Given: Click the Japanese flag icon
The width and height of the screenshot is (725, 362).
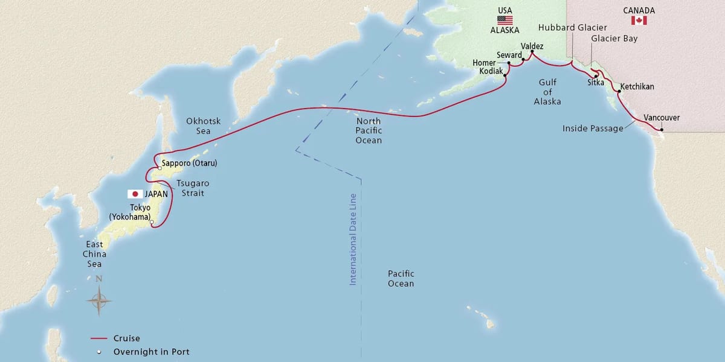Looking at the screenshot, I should click(x=135, y=194).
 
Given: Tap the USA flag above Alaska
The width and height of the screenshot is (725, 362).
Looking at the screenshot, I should click(x=505, y=20).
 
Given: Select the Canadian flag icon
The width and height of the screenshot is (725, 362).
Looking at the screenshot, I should click(x=639, y=21).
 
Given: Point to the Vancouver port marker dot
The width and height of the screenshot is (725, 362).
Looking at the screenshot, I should click(x=661, y=130).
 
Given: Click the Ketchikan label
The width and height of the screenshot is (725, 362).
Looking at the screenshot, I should click(x=637, y=87).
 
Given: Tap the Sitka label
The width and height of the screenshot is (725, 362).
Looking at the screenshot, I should click(x=596, y=83).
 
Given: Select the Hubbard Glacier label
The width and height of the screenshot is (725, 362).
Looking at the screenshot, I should click(x=572, y=28).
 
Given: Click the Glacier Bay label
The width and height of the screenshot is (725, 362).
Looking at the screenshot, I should click(x=614, y=39).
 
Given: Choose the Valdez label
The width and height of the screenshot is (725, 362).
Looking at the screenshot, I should click(x=532, y=46).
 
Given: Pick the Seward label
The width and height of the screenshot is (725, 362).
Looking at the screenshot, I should click(x=509, y=55).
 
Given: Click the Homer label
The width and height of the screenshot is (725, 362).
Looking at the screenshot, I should click(x=484, y=63).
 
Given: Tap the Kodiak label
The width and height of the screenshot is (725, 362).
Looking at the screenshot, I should click(x=491, y=71).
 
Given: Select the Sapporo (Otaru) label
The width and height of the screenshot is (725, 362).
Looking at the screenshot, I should click(x=189, y=164).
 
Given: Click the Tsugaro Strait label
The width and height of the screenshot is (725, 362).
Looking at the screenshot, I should click(x=190, y=188).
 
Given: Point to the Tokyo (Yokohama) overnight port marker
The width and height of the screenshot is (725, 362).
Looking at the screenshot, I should click(x=152, y=223).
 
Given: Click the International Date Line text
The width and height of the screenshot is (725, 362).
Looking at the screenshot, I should click(x=353, y=239).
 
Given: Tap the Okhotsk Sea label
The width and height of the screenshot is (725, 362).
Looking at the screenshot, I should click(x=203, y=126).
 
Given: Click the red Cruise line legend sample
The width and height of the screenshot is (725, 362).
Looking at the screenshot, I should click(x=98, y=338).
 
